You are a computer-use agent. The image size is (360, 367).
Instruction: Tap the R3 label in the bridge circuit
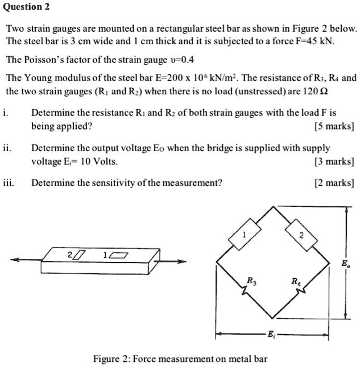[x=251, y=279]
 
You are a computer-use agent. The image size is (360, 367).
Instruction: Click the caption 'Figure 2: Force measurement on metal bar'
[x=180, y=358]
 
